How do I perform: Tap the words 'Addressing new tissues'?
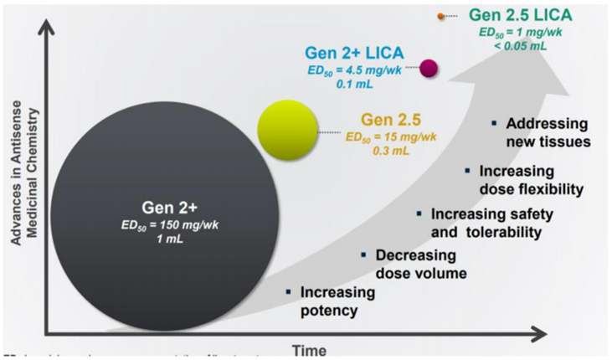[x=548, y=133]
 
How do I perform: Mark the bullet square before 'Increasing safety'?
[x=419, y=215]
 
